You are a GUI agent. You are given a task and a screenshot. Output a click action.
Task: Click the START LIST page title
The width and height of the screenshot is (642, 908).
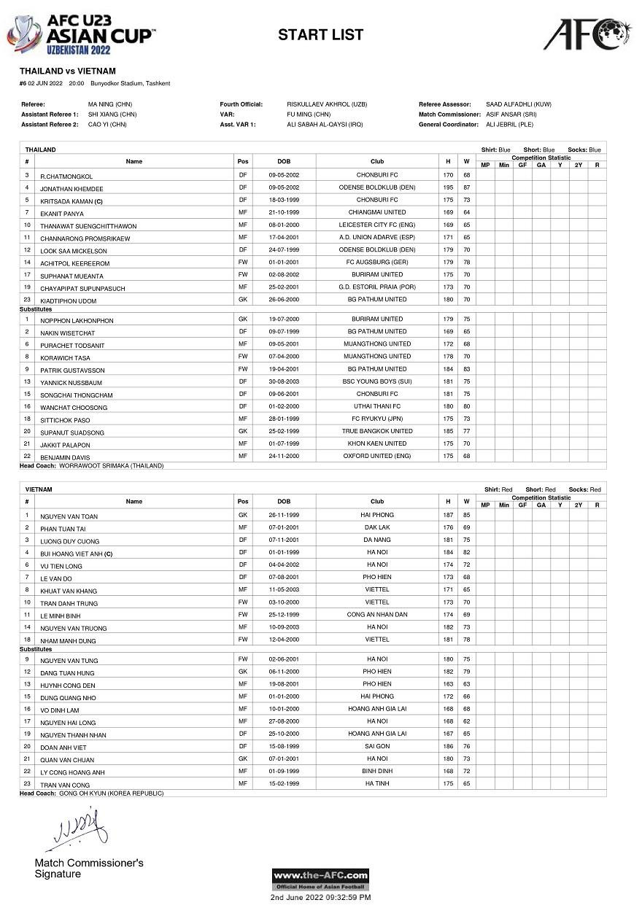320,34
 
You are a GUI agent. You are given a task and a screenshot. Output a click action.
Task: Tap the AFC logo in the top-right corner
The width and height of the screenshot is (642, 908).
587,34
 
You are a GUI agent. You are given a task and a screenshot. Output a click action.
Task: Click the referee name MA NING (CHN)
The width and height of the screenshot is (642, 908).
110,104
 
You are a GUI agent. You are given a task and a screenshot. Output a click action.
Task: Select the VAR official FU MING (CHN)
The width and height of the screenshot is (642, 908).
309,115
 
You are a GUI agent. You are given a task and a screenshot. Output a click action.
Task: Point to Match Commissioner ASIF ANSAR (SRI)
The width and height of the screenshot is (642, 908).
511,115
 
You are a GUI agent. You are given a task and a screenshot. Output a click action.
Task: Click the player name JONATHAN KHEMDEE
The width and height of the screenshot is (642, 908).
71,189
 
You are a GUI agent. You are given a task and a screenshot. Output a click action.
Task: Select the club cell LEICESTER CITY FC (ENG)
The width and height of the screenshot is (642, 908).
377,225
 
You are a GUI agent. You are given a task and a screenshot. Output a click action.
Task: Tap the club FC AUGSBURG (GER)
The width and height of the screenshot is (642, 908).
377,263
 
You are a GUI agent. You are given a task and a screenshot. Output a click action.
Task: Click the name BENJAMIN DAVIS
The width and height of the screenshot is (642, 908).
66,457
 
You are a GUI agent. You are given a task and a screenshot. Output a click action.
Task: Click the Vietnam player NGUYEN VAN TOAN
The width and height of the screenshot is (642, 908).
69,516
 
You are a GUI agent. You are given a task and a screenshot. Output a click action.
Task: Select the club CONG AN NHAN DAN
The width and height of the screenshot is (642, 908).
377,615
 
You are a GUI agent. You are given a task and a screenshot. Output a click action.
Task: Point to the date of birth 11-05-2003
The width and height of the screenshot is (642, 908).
284,589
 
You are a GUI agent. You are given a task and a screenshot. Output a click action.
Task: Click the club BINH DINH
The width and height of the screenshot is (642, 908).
377,771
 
